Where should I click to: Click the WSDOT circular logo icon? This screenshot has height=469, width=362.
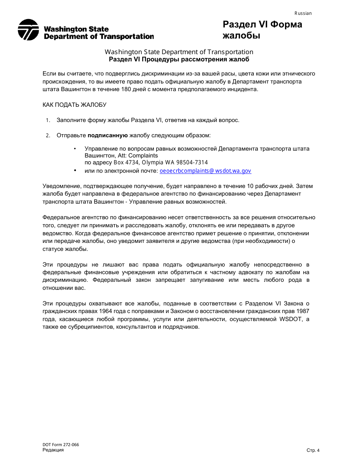click(28, 30)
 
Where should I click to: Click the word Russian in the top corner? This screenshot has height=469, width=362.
click(303, 13)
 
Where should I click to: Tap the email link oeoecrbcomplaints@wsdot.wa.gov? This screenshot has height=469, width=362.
click(205, 171)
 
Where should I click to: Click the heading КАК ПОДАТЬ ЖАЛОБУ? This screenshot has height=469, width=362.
click(74, 105)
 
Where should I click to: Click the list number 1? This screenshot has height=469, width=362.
click(48, 120)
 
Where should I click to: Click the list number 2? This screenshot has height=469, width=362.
click(48, 136)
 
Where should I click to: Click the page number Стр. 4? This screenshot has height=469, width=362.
click(313, 450)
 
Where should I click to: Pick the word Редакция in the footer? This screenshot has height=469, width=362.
click(53, 450)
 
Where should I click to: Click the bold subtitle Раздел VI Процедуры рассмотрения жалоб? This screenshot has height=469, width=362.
click(179, 59)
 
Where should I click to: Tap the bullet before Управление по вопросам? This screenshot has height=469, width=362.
click(75, 148)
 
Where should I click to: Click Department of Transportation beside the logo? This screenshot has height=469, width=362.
click(99, 37)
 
